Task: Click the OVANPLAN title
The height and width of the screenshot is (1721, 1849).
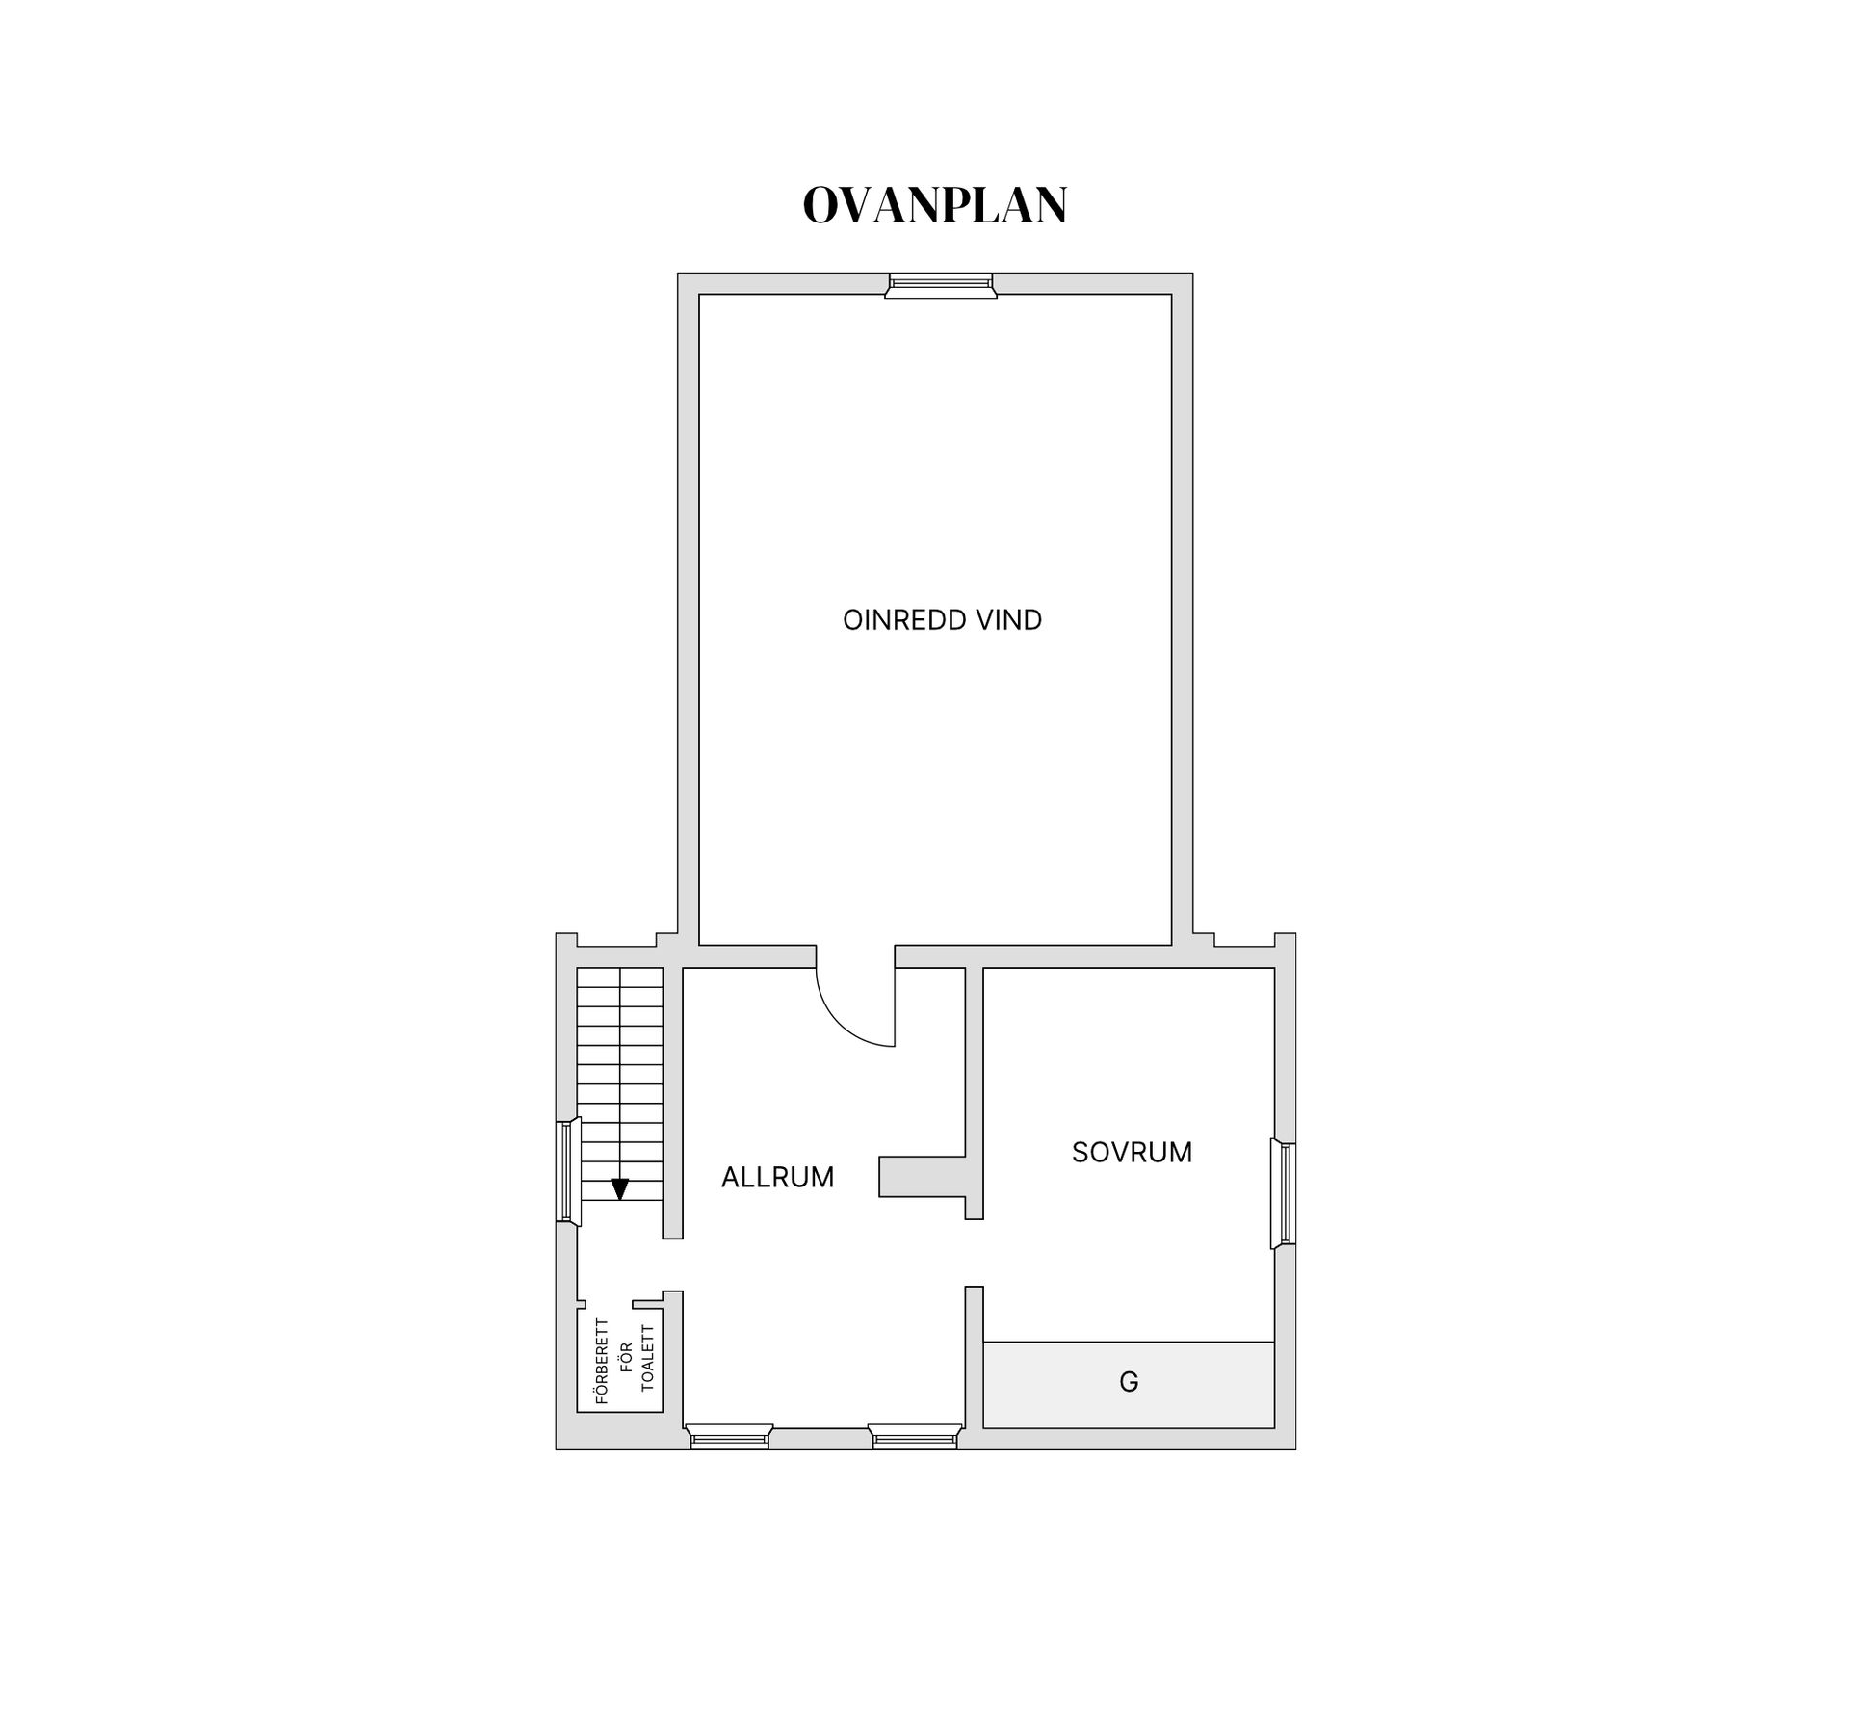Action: point(935,205)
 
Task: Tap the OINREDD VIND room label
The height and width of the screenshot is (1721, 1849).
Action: point(942,620)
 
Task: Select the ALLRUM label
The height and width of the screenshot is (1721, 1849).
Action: point(777,1177)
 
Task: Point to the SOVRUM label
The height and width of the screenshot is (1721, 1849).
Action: point(1132,1152)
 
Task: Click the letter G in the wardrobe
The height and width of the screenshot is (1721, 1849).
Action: point(1129,1382)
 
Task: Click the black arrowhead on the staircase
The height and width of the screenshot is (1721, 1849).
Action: point(619,1189)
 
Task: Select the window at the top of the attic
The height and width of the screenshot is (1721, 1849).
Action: point(940,285)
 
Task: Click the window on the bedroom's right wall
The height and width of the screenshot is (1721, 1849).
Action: point(1284,1194)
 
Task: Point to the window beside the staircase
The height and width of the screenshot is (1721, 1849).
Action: point(568,1171)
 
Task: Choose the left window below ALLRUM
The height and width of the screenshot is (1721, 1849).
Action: point(730,1437)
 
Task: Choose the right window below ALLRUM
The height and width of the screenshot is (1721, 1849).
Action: point(915,1437)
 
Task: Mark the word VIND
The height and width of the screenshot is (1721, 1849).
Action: point(1009,620)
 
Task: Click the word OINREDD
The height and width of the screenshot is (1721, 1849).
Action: point(904,620)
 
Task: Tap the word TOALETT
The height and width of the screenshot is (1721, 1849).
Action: point(647,1358)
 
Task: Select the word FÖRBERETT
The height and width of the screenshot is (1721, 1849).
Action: point(603,1361)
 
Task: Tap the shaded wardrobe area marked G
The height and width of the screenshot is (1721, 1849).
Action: point(1194,1385)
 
